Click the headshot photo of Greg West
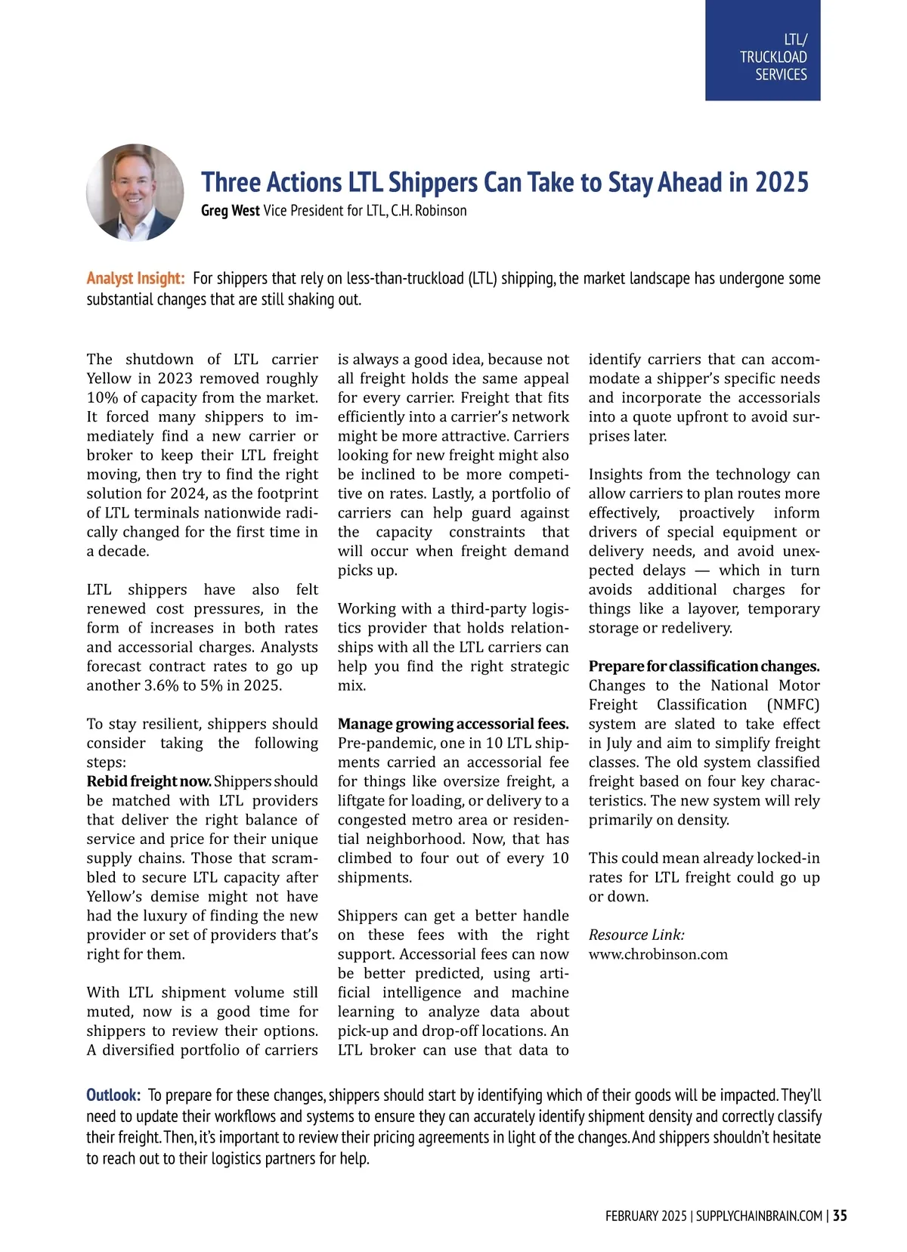tap(135, 193)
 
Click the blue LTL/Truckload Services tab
tap(763, 51)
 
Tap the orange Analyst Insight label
tap(135, 278)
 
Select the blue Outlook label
tap(113, 1095)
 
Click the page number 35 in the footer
tap(840, 1216)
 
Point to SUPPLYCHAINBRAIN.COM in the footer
tap(759, 1216)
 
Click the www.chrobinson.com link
tap(658, 954)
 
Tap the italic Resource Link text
tap(636, 935)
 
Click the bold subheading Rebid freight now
tap(149, 781)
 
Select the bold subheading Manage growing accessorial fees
tap(453, 724)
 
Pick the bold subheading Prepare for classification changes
tap(704, 666)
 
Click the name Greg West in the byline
tap(230, 211)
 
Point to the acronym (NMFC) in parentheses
tap(793, 705)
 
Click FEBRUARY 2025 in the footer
tap(645, 1216)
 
